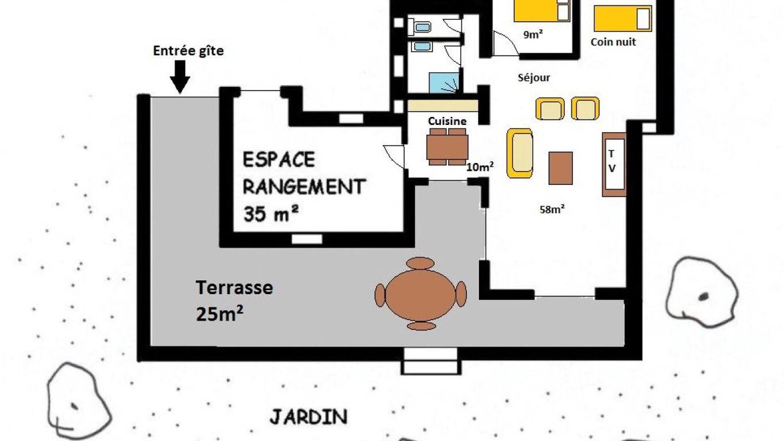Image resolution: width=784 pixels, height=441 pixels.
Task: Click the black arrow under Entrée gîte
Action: point(180,77)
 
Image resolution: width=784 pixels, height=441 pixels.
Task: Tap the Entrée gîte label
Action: point(188,51)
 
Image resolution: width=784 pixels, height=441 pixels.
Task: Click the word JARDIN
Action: point(309,417)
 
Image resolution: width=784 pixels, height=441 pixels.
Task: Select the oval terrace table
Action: point(420,294)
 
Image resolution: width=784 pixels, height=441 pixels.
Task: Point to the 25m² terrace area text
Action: point(219,314)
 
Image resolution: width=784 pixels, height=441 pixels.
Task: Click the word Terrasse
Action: point(234,288)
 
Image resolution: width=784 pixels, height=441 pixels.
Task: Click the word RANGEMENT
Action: point(304,187)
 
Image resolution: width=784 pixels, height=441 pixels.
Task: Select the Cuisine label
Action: point(447,121)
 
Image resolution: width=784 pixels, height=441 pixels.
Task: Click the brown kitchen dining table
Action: point(447,146)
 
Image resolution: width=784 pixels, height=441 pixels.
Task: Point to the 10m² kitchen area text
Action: point(480,167)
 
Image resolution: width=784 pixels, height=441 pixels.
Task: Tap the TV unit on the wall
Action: point(614,164)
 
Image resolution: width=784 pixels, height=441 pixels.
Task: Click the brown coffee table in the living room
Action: point(560,168)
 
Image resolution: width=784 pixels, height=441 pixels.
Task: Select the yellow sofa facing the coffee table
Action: point(520,153)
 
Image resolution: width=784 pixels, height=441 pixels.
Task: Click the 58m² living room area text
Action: point(552,209)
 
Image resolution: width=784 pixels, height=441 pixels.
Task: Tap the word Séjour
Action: point(533,77)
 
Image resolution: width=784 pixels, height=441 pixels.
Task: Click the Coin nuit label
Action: point(613,42)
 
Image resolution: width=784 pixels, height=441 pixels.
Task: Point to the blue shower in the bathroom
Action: point(444,83)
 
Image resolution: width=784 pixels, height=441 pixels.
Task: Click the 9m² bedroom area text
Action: point(533,34)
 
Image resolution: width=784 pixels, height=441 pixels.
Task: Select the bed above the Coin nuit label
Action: point(623,18)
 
